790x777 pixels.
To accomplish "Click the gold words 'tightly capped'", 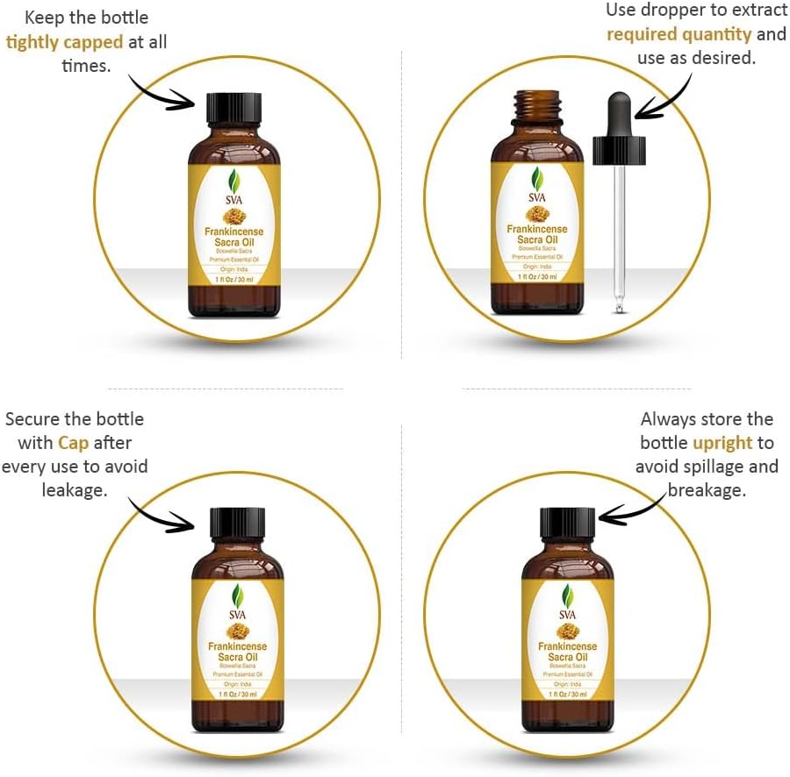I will coord(64,42).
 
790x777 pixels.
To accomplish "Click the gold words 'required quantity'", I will coord(679,35).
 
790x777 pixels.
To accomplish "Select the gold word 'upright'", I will coord(722,443).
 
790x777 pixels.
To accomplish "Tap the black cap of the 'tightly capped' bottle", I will coord(233,109).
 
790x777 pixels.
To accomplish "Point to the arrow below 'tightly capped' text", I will coord(162,91).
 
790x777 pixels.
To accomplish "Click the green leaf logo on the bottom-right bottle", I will coord(568,596).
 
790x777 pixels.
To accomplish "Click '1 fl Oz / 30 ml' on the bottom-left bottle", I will coord(238,694).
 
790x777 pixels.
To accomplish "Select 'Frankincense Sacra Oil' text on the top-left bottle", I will coord(234,237).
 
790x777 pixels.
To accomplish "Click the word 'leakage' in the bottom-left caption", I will coord(75,489).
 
